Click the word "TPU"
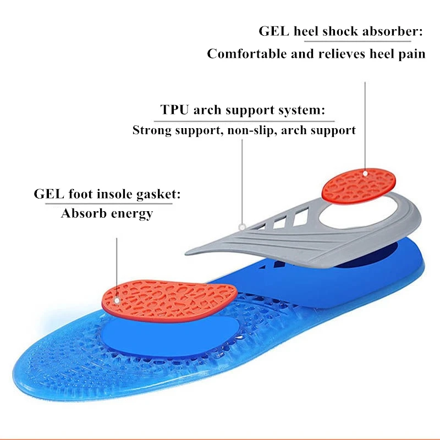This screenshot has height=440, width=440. pos(175,109)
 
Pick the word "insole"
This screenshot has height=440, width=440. pos(120,194)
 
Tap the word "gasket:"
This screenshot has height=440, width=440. pos(161,195)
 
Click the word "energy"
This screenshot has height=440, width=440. pos(131,214)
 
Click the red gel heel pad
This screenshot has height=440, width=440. pos(359,184)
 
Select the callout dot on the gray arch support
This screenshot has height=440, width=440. pos(241,226)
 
